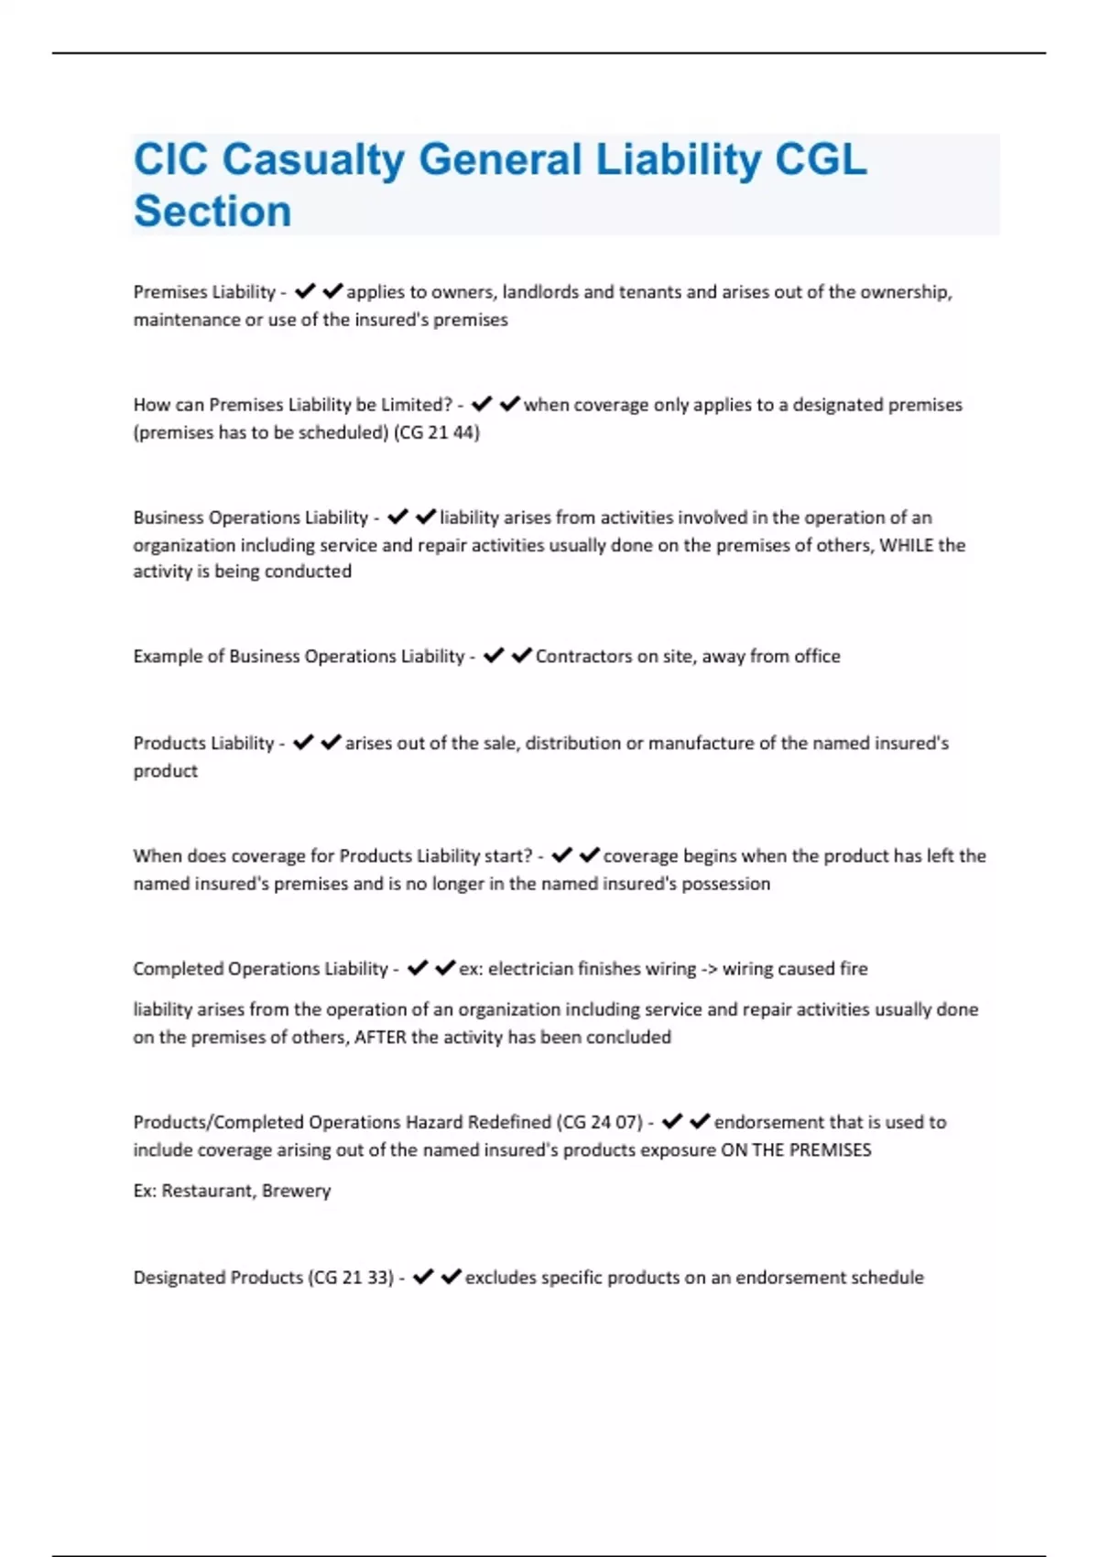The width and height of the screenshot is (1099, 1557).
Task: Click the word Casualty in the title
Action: click(313, 160)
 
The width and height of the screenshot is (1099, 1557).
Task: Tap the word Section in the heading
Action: click(212, 212)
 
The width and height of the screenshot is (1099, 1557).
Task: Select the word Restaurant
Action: click(208, 1191)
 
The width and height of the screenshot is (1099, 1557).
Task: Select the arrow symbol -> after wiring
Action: click(709, 968)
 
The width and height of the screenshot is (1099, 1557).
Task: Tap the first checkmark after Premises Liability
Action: click(305, 291)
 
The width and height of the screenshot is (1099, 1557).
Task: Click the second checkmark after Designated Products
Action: click(451, 1276)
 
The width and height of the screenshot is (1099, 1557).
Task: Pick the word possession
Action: click(724, 884)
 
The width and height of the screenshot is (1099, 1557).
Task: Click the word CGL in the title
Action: click(821, 160)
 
